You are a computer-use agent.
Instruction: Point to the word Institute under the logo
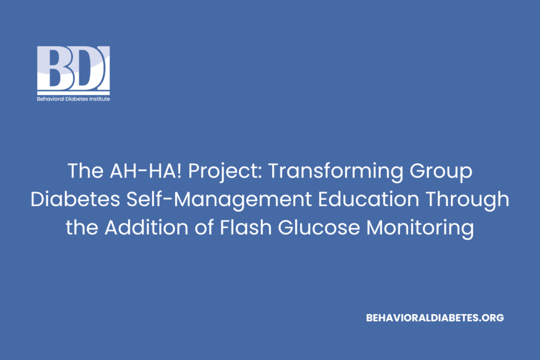[x=98, y=99]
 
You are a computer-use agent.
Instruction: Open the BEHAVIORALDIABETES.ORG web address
[x=435, y=318]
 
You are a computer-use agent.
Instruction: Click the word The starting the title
[x=82, y=171]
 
